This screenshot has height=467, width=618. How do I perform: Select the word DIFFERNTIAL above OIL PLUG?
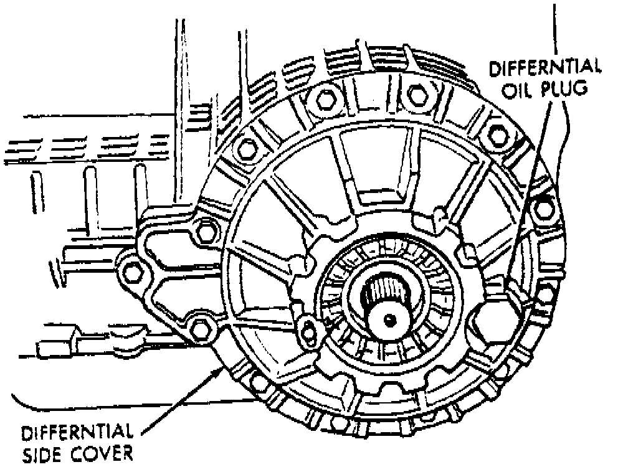[x=545, y=67]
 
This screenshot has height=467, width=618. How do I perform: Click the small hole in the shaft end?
[x=389, y=319]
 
